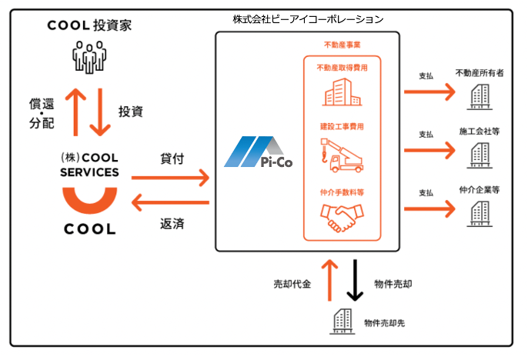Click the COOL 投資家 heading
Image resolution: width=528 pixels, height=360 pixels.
click(x=89, y=25)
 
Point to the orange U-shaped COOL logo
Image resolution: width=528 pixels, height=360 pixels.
click(x=89, y=202)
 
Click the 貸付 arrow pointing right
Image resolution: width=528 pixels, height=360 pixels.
click(x=171, y=178)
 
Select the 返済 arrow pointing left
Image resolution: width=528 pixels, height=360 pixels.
click(x=171, y=203)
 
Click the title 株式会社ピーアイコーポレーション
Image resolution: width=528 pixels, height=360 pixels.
click(x=307, y=18)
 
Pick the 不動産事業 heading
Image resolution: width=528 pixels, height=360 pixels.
click(x=343, y=46)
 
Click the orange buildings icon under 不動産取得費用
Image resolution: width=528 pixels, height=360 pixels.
click(x=343, y=94)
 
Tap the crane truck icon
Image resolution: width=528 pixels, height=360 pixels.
click(x=343, y=155)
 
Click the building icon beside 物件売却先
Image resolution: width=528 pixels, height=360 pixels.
click(x=341, y=322)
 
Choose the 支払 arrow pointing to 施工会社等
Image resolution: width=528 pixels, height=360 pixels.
click(x=429, y=149)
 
